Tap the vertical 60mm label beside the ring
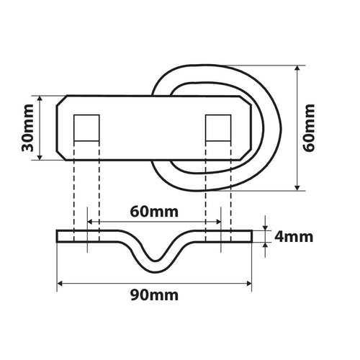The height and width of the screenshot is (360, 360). coord(310,127)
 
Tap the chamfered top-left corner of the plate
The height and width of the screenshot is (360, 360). coord(63,100)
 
